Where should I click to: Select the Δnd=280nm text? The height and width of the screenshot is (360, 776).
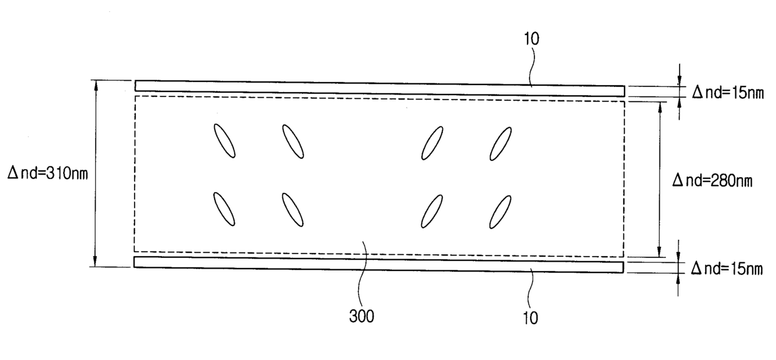[712, 180]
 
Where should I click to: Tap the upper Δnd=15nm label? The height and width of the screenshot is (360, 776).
[727, 93]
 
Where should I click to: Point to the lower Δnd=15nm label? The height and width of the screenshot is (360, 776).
[727, 269]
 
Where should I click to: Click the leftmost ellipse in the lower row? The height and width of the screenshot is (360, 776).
[225, 209]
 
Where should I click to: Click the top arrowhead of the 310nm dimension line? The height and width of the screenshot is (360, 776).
[94, 84]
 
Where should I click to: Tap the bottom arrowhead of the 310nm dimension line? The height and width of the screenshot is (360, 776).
[94, 263]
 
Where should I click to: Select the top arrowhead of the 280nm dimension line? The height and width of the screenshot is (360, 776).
[659, 106]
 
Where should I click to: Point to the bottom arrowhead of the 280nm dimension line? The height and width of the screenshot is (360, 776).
[659, 252]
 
